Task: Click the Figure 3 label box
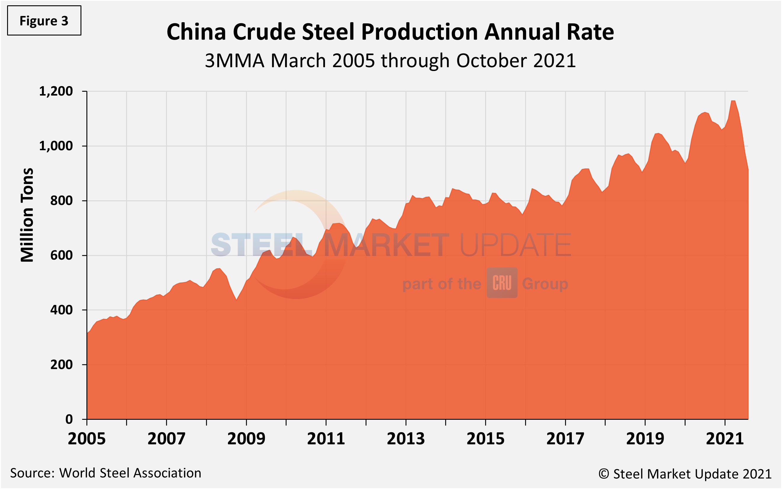pyautogui.click(x=44, y=21)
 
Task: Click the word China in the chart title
pyautogui.click(x=196, y=32)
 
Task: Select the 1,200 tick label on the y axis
pyautogui.click(x=56, y=91)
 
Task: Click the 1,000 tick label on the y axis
pyautogui.click(x=56, y=146)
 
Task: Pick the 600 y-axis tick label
pyautogui.click(x=62, y=256)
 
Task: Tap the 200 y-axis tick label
pyautogui.click(x=62, y=365)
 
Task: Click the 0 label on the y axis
pyautogui.click(x=69, y=419)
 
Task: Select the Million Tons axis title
pyautogui.click(x=27, y=215)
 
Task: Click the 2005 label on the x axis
pyautogui.click(x=87, y=439)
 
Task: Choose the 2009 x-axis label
pyautogui.click(x=246, y=439)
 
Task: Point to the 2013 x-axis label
pyautogui.click(x=406, y=439)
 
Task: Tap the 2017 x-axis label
pyautogui.click(x=565, y=439)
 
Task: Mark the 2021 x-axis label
pyautogui.click(x=725, y=439)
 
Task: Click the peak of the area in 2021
pyautogui.click(x=733, y=101)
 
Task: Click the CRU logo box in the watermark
pyautogui.click(x=502, y=283)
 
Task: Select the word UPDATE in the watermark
pyautogui.click(x=515, y=245)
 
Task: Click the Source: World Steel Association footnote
pyautogui.click(x=105, y=473)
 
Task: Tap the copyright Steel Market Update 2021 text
pyautogui.click(x=685, y=474)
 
